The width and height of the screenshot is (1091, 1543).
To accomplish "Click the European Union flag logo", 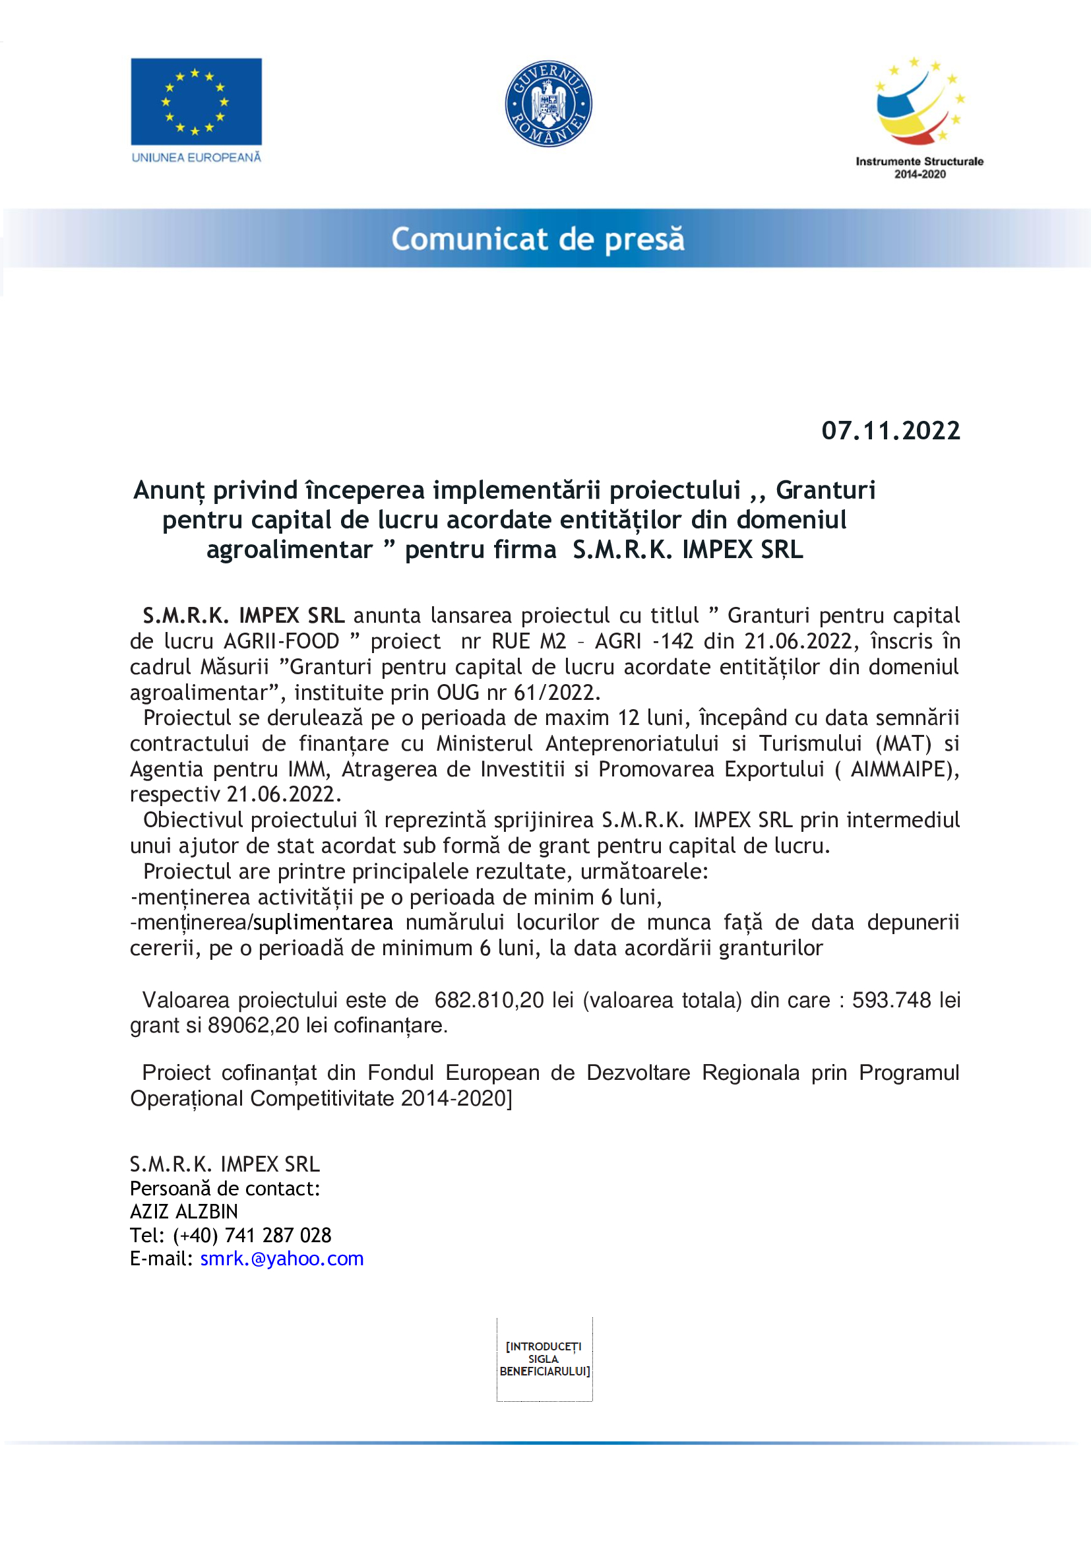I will pos(196,102).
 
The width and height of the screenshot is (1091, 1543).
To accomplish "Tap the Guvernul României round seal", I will pos(548,104).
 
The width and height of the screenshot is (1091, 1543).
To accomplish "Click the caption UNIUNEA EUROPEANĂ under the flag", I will pos(196,157).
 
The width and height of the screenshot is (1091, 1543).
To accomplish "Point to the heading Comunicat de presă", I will pos(538,239).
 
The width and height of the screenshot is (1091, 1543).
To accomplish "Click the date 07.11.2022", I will pos(890,431).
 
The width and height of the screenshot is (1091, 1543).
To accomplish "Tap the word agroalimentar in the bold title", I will pos(289,550).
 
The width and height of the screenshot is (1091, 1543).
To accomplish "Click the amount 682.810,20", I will pos(489,1000).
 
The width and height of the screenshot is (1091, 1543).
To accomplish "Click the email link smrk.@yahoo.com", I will pos(282,1259).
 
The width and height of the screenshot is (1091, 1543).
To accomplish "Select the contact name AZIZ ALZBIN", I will pos(184,1212).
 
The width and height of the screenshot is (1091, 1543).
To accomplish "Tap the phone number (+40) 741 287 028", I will pos(252,1235).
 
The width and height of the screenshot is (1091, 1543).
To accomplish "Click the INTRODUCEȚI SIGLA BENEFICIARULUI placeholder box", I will pos(544,1359).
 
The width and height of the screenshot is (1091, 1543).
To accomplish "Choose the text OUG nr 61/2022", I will pos(518,692).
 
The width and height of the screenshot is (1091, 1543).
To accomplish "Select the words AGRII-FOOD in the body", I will pos(282,641).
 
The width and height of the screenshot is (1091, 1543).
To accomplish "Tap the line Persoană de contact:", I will pos(224,1188).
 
